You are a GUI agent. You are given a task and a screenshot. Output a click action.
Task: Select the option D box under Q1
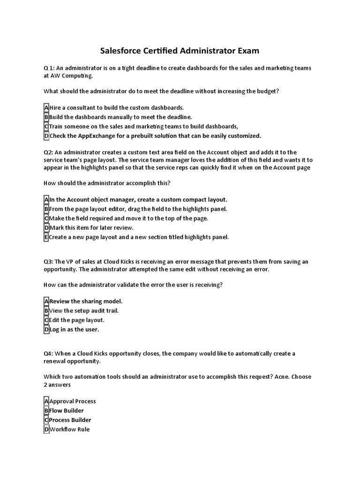tap(46, 136)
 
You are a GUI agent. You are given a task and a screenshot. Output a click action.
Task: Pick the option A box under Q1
tap(46, 108)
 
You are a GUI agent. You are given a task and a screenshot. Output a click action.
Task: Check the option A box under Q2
tap(46, 200)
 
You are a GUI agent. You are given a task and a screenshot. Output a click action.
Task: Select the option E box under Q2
tap(46, 237)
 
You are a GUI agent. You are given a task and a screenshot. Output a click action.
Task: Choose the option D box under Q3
tap(46, 330)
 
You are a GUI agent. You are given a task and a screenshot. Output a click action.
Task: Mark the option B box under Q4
tap(46, 411)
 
